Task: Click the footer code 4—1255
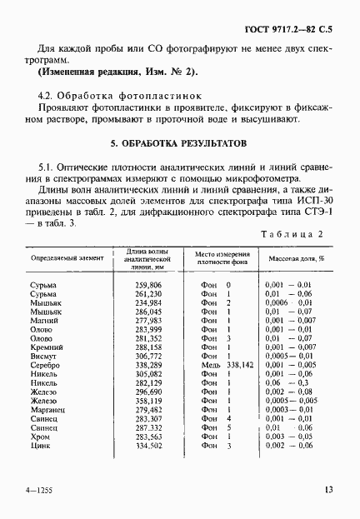click(x=40, y=491)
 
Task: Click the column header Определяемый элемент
click(x=67, y=258)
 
